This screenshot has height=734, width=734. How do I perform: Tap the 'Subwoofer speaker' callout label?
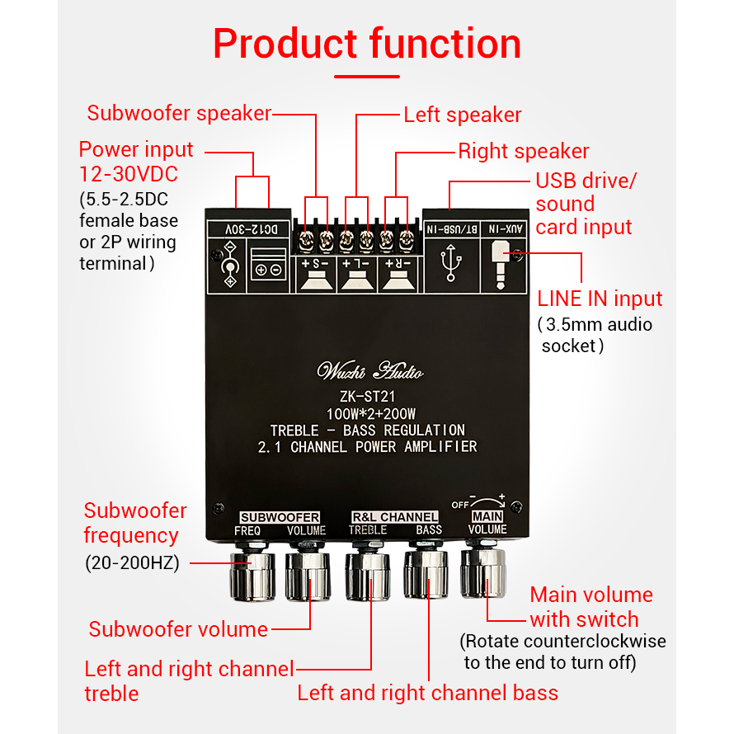pyautogui.click(x=179, y=113)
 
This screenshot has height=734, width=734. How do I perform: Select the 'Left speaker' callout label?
pyautogui.click(x=463, y=115)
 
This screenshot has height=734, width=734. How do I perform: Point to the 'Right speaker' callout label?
pyautogui.click(x=524, y=151)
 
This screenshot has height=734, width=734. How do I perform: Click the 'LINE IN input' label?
pyautogui.click(x=600, y=299)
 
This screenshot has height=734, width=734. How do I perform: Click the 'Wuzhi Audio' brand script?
pyautogui.click(x=370, y=370)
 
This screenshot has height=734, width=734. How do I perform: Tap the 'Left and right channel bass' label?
pyautogui.click(x=427, y=693)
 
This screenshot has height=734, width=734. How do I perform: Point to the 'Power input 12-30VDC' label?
pyautogui.click(x=136, y=162)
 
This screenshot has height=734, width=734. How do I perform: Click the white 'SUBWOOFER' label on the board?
pyautogui.click(x=280, y=517)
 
